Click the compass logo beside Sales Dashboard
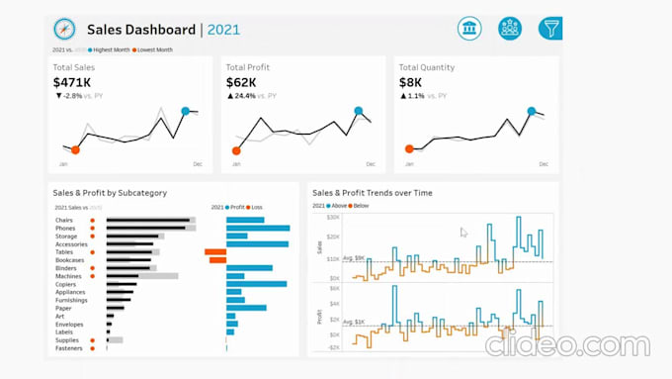pyautogui.click(x=64, y=30)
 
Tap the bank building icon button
pyautogui.click(x=469, y=29)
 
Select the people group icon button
pyautogui.click(x=510, y=29)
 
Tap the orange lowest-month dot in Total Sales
pyautogui.click(x=75, y=149)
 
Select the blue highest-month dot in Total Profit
pyautogui.click(x=358, y=111)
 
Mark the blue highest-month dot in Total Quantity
pyautogui.click(x=532, y=111)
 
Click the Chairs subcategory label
pyautogui.click(x=65, y=220)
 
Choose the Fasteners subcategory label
pyautogui.click(x=68, y=348)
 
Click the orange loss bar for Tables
pyautogui.click(x=215, y=251)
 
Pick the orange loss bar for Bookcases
pyautogui.click(x=217, y=260)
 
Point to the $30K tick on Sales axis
pyautogui.click(x=333, y=217)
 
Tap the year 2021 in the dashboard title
pyautogui.click(x=223, y=30)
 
